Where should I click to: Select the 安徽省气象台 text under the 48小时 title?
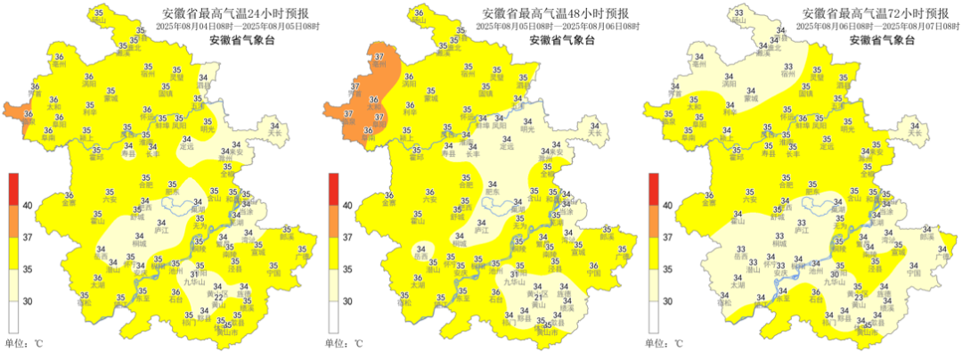[556, 40]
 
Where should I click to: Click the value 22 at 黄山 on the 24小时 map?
[219, 296]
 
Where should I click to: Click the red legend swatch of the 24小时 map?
[13, 189]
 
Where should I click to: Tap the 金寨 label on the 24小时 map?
[69, 202]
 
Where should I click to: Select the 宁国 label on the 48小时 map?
[593, 274]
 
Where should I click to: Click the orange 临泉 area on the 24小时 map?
[15, 111]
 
